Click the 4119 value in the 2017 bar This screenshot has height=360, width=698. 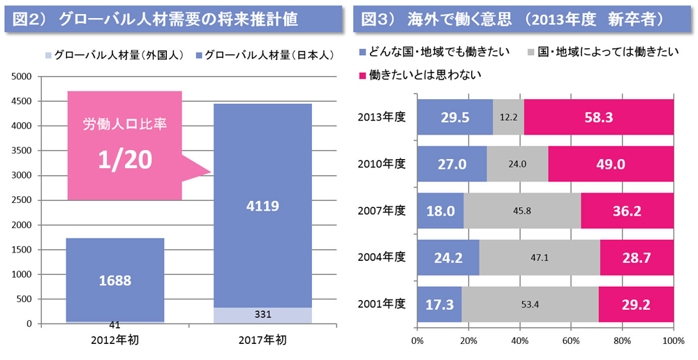[262, 206]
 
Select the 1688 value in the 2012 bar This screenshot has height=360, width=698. [114, 280]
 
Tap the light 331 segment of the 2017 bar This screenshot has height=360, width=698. [262, 315]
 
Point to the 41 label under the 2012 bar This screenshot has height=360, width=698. [114, 325]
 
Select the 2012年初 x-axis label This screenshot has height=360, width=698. [114, 340]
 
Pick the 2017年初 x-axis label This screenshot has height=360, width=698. [262, 340]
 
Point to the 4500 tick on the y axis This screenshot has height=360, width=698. [21, 102]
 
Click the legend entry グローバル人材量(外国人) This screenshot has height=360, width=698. [112, 55]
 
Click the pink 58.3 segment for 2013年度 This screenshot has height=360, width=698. [598, 117]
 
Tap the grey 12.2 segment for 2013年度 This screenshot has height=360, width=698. [508, 117]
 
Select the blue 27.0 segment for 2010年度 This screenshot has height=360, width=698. [452, 164]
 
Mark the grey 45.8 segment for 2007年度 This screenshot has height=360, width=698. [521, 211]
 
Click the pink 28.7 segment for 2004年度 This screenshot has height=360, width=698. [636, 258]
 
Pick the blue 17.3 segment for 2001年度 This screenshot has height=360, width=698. [439, 305]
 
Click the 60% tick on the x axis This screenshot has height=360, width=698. [571, 341]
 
